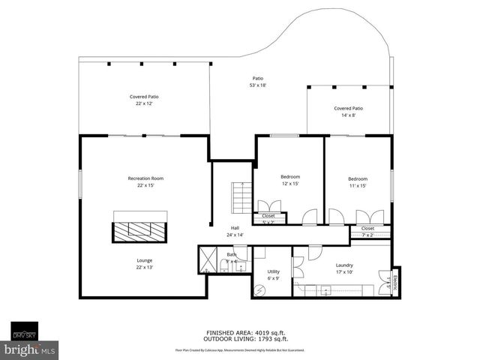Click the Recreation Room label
(145, 181)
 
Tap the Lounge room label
(145, 264)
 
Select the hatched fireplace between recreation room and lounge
(139, 232)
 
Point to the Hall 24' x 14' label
(235, 231)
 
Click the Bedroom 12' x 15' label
(290, 180)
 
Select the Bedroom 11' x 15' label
(358, 181)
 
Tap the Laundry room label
(344, 268)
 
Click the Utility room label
(274, 274)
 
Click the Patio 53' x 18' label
(258, 82)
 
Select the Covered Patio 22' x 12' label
(144, 100)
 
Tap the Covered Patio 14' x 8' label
(349, 112)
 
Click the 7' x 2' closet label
(367, 231)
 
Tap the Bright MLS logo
(28, 349)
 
